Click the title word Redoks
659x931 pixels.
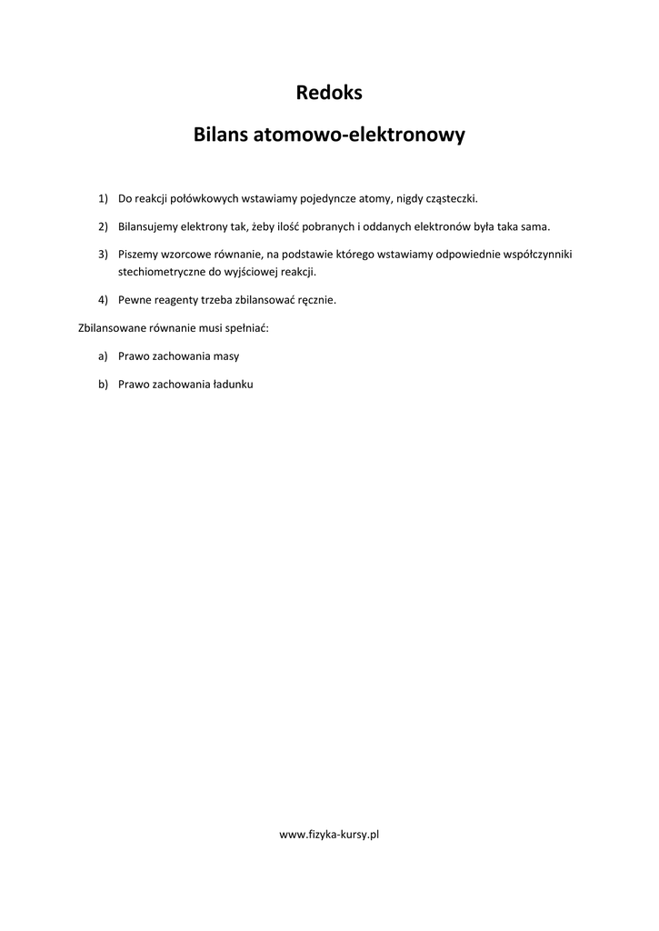[x=329, y=92]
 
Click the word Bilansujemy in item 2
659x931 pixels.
[x=147, y=225]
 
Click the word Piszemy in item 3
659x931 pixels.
[x=137, y=254]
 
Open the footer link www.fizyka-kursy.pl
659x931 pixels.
[x=329, y=834]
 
